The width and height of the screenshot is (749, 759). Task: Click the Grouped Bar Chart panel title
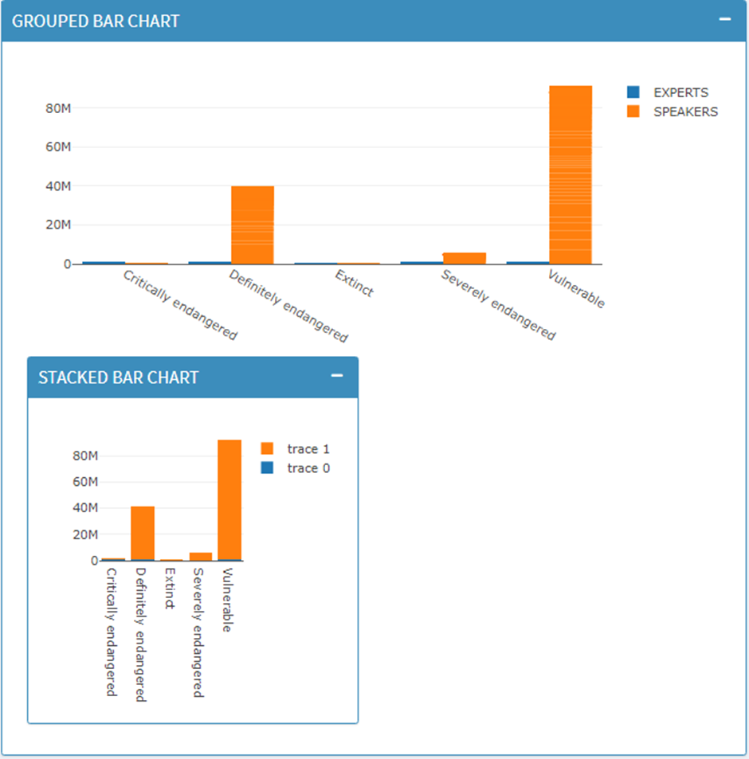[96, 21]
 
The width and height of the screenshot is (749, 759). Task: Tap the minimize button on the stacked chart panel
[337, 376]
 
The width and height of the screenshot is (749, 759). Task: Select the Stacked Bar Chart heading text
[118, 378]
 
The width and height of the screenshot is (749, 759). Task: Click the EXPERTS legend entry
[680, 92]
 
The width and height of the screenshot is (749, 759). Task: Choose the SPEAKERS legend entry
[684, 112]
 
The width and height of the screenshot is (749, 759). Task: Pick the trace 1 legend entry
[308, 449]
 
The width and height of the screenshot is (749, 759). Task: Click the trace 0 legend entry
[308, 468]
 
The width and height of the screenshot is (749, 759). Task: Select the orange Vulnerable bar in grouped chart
[571, 175]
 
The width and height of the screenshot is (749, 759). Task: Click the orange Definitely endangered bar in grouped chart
[253, 225]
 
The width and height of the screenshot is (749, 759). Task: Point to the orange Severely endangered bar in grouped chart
[465, 258]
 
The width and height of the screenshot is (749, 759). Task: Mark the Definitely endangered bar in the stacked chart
[143, 534]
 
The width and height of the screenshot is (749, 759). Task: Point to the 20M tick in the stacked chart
[85, 534]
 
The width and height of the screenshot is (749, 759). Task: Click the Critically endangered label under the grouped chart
[180, 305]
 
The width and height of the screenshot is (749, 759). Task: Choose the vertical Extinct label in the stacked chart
[169, 588]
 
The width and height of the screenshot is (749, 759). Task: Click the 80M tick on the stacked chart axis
[85, 456]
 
